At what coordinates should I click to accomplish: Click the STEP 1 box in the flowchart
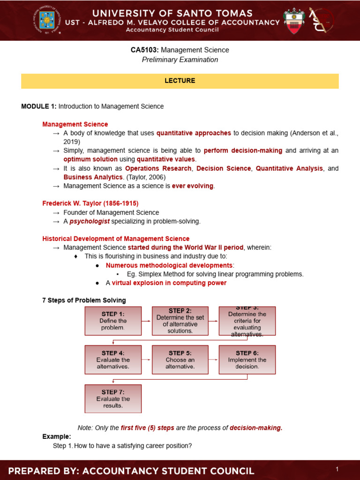(113, 321)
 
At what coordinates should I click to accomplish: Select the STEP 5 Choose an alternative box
(180, 360)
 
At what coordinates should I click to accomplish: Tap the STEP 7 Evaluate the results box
(113, 398)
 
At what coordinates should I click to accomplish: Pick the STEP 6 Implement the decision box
(247, 360)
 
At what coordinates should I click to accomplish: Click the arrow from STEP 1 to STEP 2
(147, 321)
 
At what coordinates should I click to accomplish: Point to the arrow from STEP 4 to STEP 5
(147, 360)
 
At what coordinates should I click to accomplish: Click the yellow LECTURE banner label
(180, 81)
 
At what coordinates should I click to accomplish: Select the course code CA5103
(144, 50)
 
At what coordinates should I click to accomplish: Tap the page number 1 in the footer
(337, 469)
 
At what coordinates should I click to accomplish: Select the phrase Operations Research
(158, 168)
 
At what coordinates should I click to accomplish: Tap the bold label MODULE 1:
(38, 106)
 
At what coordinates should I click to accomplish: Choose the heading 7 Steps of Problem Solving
(84, 300)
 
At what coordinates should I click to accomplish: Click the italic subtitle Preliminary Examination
(180, 60)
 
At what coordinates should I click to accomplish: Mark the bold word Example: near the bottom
(56, 436)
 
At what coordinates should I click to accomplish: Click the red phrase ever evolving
(193, 186)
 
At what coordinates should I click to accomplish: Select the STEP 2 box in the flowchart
(180, 321)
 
